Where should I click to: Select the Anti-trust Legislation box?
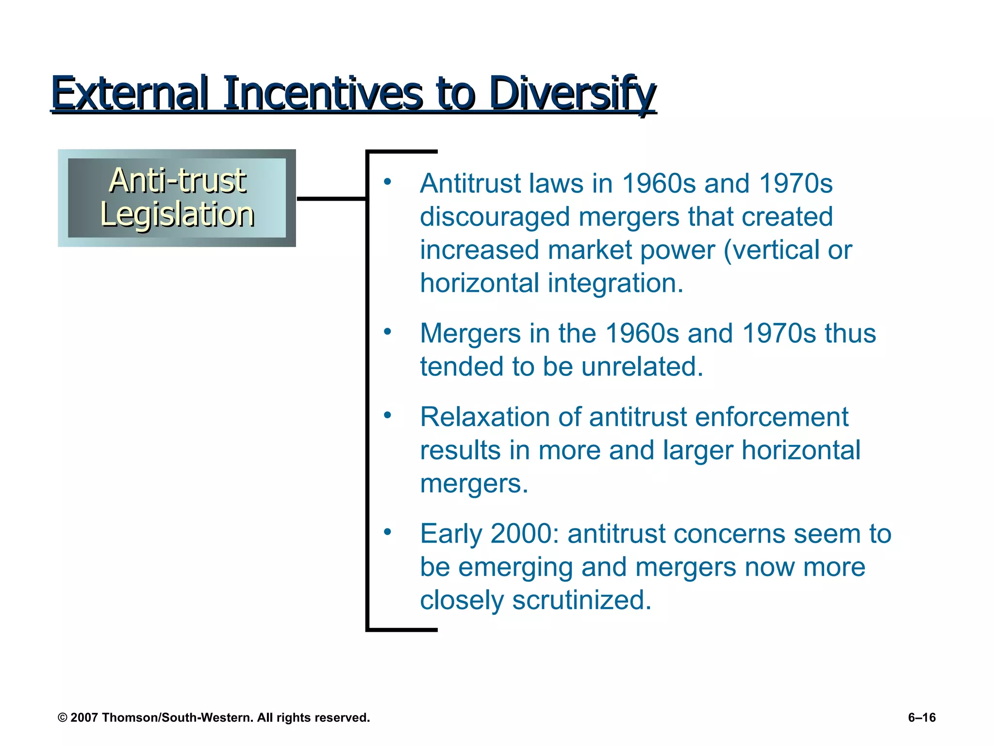177,198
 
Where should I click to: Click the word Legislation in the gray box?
177,215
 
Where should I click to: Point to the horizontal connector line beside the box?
331,199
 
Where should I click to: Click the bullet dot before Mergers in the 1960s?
387,332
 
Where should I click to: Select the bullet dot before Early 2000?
387,532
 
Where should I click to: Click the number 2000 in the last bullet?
525,534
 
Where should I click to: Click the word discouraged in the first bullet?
495,217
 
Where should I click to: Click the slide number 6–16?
922,718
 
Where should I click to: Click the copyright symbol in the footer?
62,718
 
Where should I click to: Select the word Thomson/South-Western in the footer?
178,718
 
